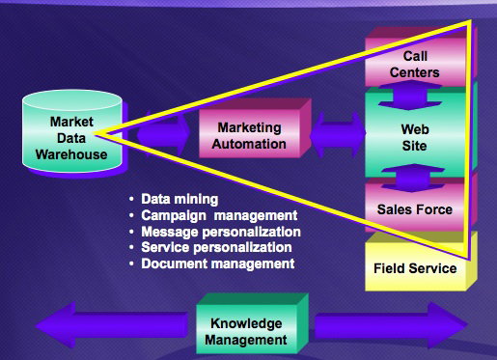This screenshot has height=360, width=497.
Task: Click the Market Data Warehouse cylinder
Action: click(x=72, y=132)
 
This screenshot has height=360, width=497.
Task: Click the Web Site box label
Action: click(x=415, y=137)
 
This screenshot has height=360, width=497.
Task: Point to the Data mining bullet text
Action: click(x=179, y=199)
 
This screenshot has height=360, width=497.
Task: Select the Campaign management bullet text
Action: click(x=219, y=215)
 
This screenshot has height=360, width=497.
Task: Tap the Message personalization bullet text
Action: click(x=221, y=232)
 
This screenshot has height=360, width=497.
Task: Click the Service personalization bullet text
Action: click(x=216, y=247)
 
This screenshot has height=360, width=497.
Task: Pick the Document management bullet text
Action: click(x=218, y=263)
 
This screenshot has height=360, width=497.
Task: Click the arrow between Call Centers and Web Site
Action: click(x=411, y=95)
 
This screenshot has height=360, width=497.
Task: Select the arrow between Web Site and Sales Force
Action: click(x=413, y=178)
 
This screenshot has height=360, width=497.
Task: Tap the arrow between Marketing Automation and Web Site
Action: click(x=338, y=134)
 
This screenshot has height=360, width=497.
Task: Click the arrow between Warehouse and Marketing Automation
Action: click(x=163, y=133)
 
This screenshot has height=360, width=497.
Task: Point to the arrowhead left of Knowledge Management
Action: click(x=55, y=326)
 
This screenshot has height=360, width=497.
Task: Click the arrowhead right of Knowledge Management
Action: click(x=448, y=325)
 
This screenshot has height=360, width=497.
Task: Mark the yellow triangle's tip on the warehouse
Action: click(x=94, y=133)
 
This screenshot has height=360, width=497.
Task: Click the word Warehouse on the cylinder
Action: click(x=71, y=154)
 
